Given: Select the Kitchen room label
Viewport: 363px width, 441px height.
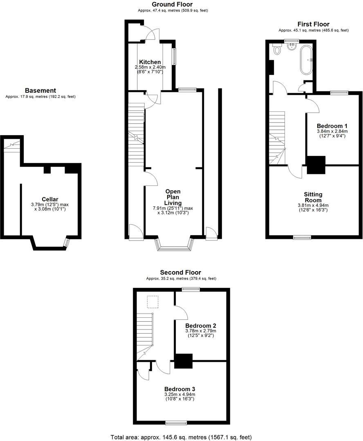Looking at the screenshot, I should [x=150, y=62].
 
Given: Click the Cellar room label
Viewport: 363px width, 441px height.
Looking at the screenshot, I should [x=49, y=199].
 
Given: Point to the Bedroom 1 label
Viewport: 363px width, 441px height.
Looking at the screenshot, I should [x=332, y=126].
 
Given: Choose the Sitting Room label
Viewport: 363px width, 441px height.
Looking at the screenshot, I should [x=313, y=197].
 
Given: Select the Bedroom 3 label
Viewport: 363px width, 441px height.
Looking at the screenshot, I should [x=180, y=389].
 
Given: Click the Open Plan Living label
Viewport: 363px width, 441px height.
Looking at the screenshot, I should [x=173, y=197].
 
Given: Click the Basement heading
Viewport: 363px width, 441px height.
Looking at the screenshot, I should [x=40, y=90].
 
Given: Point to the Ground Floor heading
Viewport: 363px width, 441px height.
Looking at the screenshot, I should [x=172, y=4].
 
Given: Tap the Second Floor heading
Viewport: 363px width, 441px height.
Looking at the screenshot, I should [x=181, y=272].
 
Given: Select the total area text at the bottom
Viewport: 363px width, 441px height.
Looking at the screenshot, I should [x=181, y=437].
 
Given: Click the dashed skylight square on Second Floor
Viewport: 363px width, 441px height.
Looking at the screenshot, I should [x=152, y=301].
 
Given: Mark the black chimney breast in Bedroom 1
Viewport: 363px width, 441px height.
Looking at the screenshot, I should [x=316, y=165].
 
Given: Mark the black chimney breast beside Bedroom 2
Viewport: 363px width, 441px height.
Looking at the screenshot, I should [x=183, y=361].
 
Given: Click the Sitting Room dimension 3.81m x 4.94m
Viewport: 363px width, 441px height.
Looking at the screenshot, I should [x=313, y=205].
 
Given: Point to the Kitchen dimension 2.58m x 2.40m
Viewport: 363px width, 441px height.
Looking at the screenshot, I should [x=150, y=67].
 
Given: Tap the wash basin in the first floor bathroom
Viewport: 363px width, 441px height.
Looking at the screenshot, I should [x=292, y=47].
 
